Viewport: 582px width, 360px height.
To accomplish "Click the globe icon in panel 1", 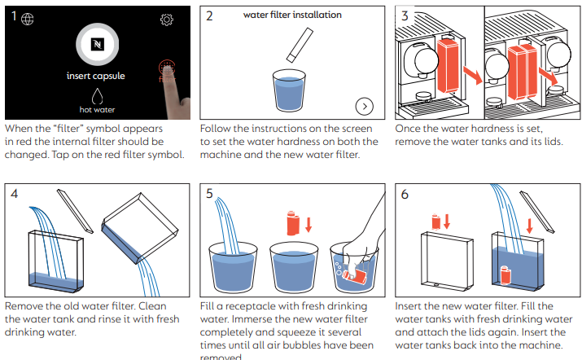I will pyautogui.click(x=28, y=19).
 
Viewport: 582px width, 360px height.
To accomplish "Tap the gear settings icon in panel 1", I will pyautogui.click(x=167, y=20).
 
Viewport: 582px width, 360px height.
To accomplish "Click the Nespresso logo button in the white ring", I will pyautogui.click(x=97, y=44).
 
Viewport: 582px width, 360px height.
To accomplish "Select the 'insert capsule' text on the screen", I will pyautogui.click(x=96, y=77).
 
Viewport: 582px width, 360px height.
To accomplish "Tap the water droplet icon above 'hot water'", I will pyautogui.click(x=96, y=94).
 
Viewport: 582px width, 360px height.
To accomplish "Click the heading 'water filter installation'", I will pyautogui.click(x=292, y=15).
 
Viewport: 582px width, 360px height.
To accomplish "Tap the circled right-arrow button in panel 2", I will pyautogui.click(x=364, y=106).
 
